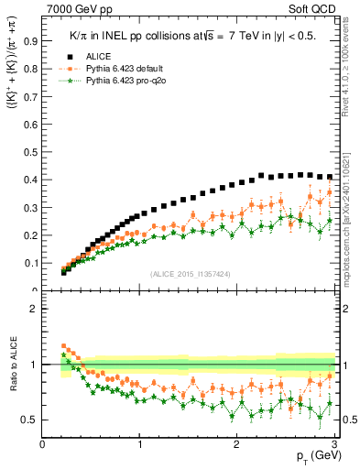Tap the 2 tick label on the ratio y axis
coord(32,309)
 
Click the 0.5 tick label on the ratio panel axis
coord(28,420)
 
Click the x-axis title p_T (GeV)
coord(311,457)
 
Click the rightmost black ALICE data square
coord(330,177)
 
